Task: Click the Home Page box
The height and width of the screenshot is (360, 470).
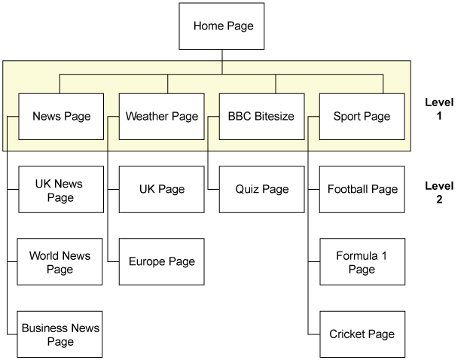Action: [223, 26]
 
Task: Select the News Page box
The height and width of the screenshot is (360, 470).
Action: [61, 116]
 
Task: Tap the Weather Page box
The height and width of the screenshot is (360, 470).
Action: [161, 116]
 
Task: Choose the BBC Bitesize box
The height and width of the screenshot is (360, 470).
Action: [261, 116]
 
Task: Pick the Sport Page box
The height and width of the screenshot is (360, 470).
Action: [362, 116]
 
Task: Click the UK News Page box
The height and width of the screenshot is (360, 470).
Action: [60, 190]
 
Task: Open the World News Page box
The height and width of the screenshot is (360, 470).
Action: [60, 261]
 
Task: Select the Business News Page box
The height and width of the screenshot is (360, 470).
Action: [60, 334]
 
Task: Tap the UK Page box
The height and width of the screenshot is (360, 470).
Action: [161, 190]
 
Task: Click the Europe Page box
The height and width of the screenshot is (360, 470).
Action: [161, 261]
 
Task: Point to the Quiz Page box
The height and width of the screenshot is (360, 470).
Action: [261, 190]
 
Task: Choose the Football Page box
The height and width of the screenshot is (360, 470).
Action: [362, 190]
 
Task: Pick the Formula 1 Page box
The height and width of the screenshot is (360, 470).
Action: [362, 261]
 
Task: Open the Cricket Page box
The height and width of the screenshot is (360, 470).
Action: [362, 334]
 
